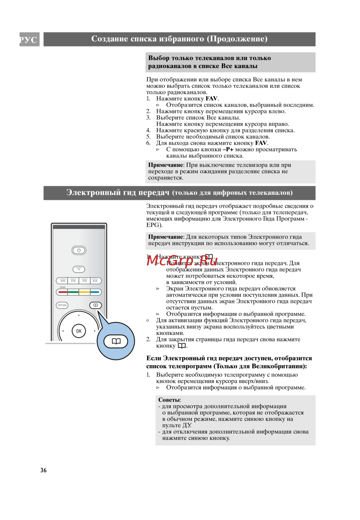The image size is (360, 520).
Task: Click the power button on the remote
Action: [79, 250]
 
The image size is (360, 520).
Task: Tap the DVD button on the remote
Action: [63, 281]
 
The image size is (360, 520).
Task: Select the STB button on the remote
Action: [73, 281]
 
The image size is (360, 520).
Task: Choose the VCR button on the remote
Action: [85, 281]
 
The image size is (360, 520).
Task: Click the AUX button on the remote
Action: [95, 281]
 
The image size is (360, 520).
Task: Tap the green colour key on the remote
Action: [73, 292]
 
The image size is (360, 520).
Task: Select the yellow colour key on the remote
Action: [84, 292]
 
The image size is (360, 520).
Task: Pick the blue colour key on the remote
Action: [95, 292]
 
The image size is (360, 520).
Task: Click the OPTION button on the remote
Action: [62, 305]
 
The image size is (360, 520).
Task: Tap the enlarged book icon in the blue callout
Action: [116, 341]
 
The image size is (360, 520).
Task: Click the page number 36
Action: [44, 470]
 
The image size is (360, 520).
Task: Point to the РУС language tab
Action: [29, 40]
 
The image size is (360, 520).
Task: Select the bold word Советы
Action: [169, 400]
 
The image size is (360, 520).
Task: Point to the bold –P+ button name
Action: [228, 149]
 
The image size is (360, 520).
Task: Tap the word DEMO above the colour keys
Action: [63, 287]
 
